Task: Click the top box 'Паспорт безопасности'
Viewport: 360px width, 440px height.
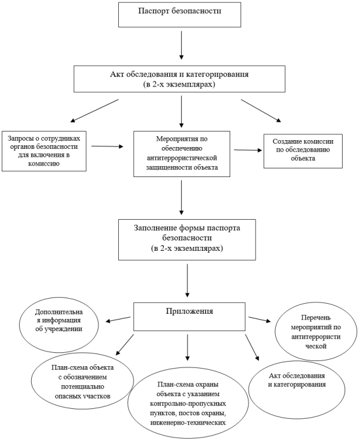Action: click(x=180, y=15)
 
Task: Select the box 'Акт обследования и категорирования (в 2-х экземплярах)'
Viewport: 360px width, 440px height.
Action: click(x=179, y=79)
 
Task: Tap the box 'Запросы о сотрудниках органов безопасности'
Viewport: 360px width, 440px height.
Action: click(x=44, y=151)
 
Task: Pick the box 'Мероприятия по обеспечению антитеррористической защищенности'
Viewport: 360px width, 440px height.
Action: click(x=182, y=154)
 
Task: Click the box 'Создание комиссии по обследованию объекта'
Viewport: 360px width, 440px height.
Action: click(x=303, y=151)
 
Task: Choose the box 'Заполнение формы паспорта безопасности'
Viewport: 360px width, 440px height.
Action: click(x=187, y=240)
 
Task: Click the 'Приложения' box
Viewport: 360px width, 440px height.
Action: click(x=189, y=317)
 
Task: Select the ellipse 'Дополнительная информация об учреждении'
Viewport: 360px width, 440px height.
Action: click(x=59, y=325)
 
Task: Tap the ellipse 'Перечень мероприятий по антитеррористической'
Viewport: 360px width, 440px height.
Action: click(x=316, y=332)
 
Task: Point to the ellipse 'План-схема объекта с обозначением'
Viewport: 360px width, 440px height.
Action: click(x=82, y=381)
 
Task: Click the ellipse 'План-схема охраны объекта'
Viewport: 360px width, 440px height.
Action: click(x=188, y=403)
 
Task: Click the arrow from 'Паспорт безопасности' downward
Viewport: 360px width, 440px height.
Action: click(x=181, y=45)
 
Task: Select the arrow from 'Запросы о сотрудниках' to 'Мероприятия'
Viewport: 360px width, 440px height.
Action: click(x=107, y=146)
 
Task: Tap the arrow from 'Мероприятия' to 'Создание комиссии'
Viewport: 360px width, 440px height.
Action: click(x=248, y=150)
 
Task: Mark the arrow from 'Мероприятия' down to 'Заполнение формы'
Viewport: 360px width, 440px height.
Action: click(x=181, y=198)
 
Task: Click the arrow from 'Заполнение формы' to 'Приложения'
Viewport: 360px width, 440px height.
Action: click(x=187, y=281)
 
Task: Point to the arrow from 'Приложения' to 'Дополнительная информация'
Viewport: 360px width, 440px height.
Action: click(x=118, y=319)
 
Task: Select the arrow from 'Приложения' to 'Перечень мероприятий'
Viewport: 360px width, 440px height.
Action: click(x=260, y=319)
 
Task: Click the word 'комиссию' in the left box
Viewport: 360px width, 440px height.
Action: click(x=44, y=164)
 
